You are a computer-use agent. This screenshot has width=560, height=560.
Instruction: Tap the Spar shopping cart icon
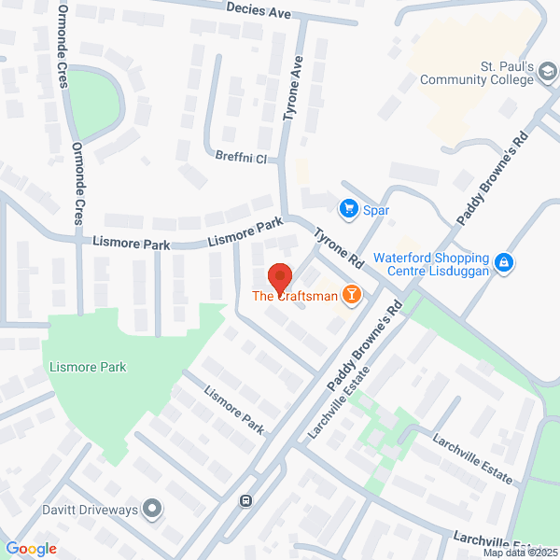[x=350, y=207]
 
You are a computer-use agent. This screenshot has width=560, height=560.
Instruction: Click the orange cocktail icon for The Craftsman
[x=352, y=296]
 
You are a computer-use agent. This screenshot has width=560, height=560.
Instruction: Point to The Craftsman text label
[x=294, y=296]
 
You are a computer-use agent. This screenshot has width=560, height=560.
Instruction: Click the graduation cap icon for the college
[x=550, y=79]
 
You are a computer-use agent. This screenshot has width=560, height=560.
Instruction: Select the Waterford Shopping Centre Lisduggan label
[x=430, y=264]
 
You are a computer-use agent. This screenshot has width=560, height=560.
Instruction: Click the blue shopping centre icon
[x=504, y=263]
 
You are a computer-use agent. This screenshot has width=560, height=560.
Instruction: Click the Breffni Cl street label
[x=240, y=159]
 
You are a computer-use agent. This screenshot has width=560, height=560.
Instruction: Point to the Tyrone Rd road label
[x=337, y=247]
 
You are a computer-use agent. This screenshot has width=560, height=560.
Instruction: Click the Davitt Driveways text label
[x=90, y=510]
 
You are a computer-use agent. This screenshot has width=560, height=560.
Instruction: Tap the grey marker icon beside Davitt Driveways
[x=153, y=510]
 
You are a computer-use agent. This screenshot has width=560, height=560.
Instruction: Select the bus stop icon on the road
[x=245, y=499]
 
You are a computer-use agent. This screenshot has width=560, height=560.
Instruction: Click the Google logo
[x=31, y=549]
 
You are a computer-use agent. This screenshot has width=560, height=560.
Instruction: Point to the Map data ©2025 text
[x=519, y=553]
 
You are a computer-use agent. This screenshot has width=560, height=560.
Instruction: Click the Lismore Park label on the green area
[x=84, y=367]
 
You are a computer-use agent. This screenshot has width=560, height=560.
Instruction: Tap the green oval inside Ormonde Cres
[x=95, y=101]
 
